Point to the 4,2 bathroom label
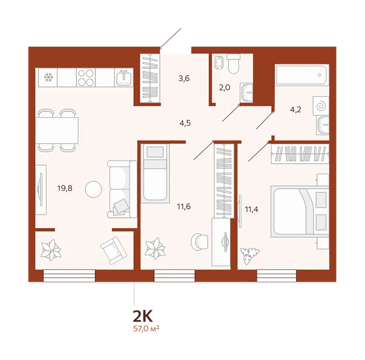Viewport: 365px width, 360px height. click(296, 110)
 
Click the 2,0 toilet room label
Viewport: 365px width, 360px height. click(224, 87)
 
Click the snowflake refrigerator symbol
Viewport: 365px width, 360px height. click(47, 77)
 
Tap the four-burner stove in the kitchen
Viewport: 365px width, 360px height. click(86, 77)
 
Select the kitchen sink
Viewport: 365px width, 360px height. click(123, 77)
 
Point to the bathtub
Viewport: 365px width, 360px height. click(301, 75)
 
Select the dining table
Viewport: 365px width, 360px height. click(57, 129)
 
